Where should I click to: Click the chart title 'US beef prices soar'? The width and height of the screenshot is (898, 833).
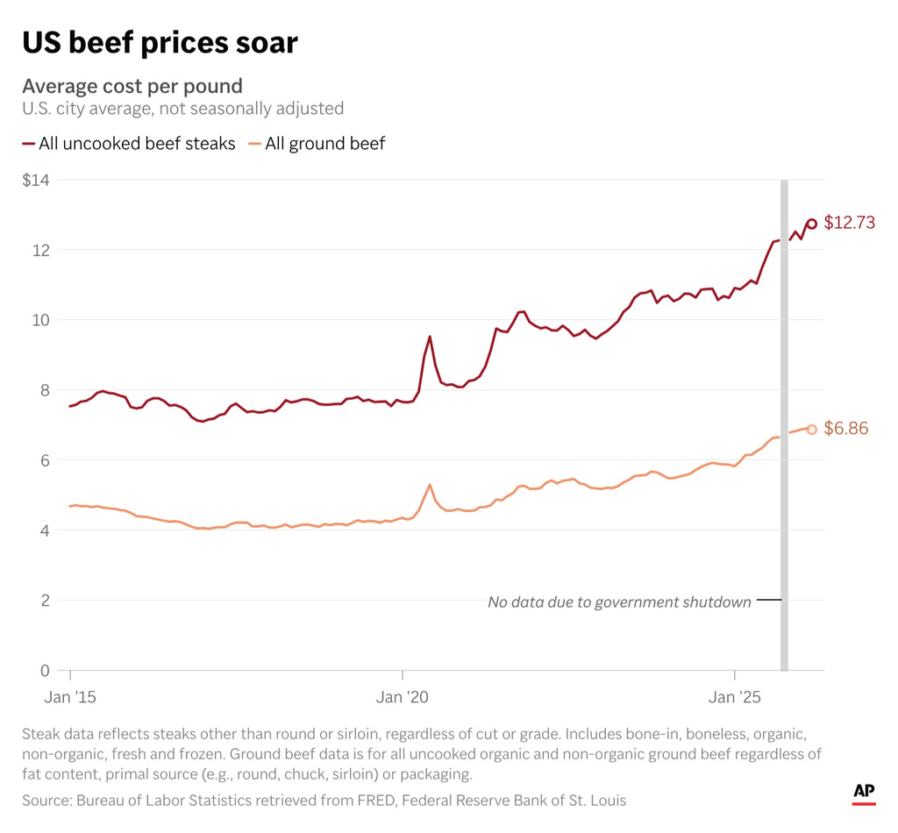click(160, 42)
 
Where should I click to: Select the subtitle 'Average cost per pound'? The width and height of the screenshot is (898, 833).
click(132, 86)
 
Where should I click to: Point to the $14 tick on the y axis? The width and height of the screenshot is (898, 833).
click(36, 180)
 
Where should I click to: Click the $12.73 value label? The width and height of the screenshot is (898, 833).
click(849, 223)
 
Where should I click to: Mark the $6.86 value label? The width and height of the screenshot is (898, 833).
click(845, 429)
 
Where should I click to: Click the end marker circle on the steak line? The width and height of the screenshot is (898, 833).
click(812, 224)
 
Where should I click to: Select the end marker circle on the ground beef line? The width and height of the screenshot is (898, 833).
click(812, 430)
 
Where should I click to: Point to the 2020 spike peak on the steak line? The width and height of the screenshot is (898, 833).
click(430, 337)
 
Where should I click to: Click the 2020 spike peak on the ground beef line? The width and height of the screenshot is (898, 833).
click(430, 485)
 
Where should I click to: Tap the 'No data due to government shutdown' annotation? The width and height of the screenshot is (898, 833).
click(619, 602)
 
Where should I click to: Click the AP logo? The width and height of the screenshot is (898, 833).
click(864, 793)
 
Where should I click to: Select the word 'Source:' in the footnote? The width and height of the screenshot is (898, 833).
click(46, 800)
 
